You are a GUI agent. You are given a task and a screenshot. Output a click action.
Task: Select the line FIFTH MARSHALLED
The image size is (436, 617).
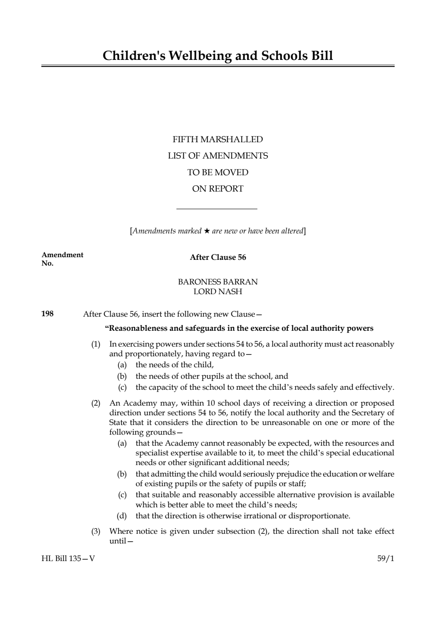click(x=217, y=140)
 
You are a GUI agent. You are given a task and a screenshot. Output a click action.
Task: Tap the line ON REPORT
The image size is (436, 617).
click(x=217, y=189)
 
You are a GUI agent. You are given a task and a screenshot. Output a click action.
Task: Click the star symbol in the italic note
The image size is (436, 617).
click(x=206, y=231)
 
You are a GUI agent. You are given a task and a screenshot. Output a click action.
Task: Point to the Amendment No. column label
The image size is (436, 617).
click(x=62, y=259)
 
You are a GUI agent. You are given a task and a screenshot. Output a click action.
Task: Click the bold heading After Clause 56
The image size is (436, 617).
click(x=218, y=258)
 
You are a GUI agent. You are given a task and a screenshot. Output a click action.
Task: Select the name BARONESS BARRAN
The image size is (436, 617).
click(x=217, y=282)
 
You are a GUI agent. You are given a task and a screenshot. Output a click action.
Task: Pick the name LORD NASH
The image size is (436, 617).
click(x=217, y=292)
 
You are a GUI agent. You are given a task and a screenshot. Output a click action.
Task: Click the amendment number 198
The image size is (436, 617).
click(x=47, y=314)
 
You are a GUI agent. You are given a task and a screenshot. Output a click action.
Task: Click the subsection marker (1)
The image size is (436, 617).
click(x=95, y=344)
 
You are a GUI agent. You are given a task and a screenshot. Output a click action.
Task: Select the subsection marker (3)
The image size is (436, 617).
click(x=95, y=532)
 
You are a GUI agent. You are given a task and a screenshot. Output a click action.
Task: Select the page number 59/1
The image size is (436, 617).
click(x=385, y=559)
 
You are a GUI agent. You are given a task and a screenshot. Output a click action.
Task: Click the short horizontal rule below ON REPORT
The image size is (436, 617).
click(x=216, y=209)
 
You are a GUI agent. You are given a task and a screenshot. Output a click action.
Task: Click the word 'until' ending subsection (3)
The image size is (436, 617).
click(x=117, y=541)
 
